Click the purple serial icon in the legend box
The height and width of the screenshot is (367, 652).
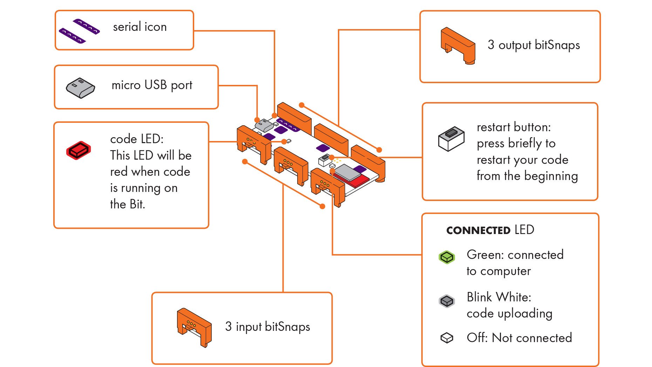[x=79, y=31]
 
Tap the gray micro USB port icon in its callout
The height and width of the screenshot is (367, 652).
[x=80, y=88]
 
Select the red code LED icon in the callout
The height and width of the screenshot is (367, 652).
[x=79, y=151]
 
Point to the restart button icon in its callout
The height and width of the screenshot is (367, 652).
[x=451, y=138]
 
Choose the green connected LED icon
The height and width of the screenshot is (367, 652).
[x=447, y=257]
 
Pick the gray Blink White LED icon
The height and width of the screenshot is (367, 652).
[x=447, y=301]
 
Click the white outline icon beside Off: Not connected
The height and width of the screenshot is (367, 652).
[x=447, y=338]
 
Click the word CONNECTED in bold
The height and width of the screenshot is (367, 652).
[x=478, y=231]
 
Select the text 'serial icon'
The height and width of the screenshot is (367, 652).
[x=140, y=27]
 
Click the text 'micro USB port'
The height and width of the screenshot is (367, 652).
[x=152, y=85]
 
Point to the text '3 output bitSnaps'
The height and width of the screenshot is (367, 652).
[x=534, y=45]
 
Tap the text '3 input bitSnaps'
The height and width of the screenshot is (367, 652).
[x=267, y=327]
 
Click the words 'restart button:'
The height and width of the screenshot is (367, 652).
[x=514, y=127]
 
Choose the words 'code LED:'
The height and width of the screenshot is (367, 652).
[x=137, y=139]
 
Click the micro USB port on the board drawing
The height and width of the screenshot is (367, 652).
[x=264, y=125]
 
